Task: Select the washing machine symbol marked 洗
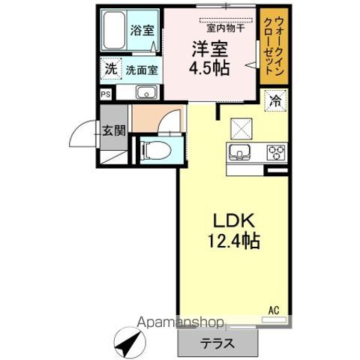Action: (110, 69)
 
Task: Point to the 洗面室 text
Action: (141, 70)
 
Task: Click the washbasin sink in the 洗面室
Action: (145, 93)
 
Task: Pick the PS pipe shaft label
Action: (106, 94)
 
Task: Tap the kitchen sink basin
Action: (240, 154)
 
